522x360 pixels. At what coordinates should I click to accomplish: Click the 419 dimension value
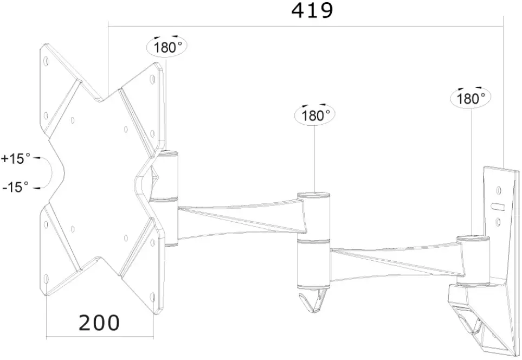[x=312, y=10]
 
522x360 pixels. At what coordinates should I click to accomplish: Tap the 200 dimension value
[x=99, y=323]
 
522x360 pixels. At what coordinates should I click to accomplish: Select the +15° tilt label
[x=16, y=159]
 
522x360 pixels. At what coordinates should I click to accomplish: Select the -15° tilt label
[x=16, y=187]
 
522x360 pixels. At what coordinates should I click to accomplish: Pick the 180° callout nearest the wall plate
[x=471, y=98]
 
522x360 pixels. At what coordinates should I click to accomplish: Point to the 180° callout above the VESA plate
[x=167, y=47]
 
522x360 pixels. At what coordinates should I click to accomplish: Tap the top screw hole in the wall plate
[x=499, y=190]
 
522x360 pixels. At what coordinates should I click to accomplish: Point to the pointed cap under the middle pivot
[x=313, y=301]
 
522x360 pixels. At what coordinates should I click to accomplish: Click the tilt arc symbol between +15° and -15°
[x=49, y=173]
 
